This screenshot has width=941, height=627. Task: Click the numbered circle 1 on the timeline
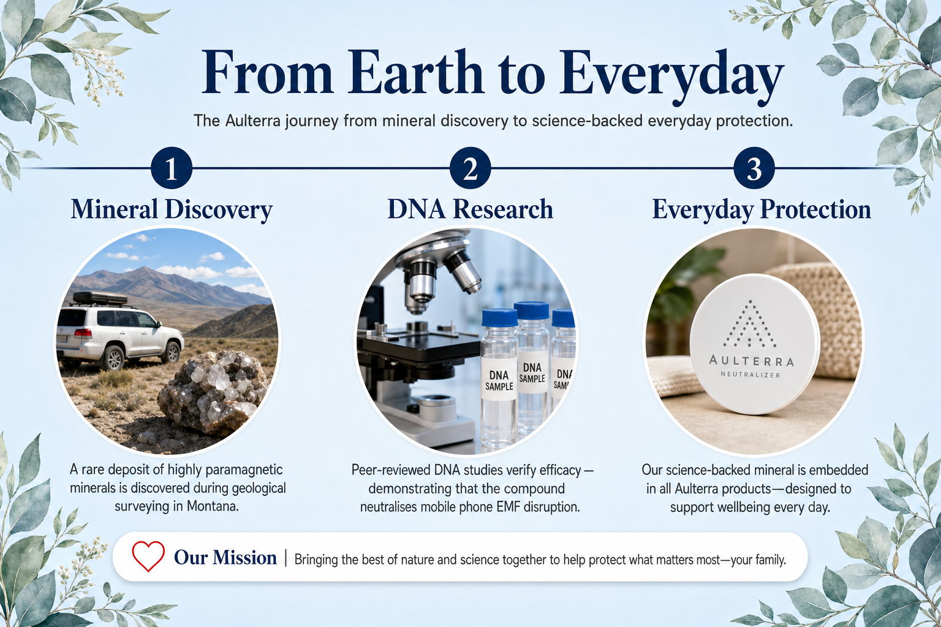point(172,168)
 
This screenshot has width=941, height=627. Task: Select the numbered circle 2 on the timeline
point(470,168)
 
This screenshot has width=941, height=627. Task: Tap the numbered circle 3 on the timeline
point(754,168)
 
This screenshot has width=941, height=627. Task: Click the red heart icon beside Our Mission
point(148,556)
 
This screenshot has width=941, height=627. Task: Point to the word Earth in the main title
point(415,72)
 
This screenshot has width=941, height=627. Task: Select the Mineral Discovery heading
point(172,209)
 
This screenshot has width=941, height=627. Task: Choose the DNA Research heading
point(470,209)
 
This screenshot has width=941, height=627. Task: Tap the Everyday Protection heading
point(761,209)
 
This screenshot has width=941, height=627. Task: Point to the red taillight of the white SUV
point(83,334)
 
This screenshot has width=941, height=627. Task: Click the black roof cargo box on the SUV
point(100,298)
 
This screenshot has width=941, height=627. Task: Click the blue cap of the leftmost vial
point(499,318)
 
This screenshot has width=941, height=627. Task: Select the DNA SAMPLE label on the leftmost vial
point(499,380)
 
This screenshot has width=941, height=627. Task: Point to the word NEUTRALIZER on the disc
point(750,374)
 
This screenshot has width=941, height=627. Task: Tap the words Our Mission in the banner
point(225,558)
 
